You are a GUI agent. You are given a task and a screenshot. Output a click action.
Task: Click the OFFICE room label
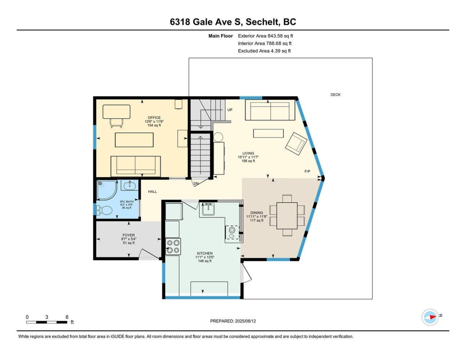154,118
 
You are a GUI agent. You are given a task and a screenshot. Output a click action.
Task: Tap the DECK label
336,94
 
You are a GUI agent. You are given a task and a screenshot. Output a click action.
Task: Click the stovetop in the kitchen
173,247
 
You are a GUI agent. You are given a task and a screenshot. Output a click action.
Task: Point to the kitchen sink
208,209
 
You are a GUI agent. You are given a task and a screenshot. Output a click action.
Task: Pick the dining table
287,216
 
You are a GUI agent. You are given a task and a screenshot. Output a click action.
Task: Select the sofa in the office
136,166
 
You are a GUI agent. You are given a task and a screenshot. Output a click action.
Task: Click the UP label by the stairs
230,110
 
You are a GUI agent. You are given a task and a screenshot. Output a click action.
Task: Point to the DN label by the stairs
196,184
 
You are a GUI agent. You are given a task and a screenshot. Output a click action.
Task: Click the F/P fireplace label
307,171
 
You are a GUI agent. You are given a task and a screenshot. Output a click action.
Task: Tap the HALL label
153,191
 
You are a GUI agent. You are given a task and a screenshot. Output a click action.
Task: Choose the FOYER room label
129,235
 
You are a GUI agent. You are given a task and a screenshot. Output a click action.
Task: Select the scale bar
47,322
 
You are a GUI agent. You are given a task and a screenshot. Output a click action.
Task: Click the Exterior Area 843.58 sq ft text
266,36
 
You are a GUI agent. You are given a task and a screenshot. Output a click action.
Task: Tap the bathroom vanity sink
130,185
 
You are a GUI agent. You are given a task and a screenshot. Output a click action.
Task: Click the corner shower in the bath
106,190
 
